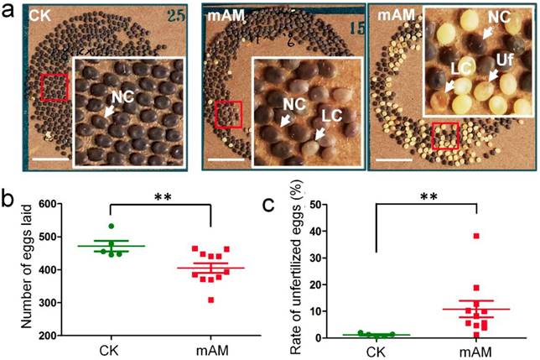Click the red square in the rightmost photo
(x=445, y=134)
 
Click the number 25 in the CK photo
(x=180, y=14)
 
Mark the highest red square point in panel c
(x=475, y=236)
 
